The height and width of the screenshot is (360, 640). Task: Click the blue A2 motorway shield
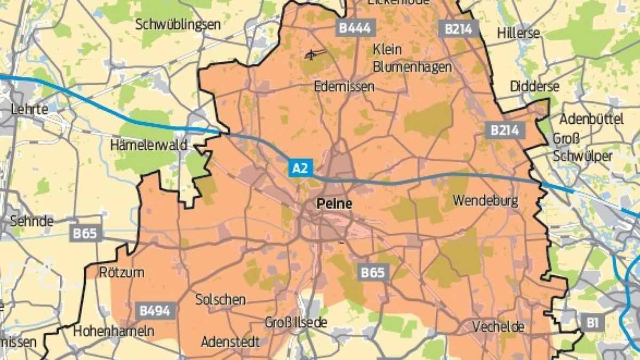(300, 168)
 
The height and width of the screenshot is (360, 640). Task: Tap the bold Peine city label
(334, 203)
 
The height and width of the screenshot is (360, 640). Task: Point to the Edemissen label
(345, 86)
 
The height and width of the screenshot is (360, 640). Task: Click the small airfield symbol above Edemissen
(314, 53)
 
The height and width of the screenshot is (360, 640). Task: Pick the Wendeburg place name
(485, 201)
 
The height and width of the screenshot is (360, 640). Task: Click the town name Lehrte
(29, 109)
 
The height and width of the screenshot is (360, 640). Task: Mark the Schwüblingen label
(178, 25)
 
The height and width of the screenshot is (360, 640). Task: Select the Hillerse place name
(518, 33)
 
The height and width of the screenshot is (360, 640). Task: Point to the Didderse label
(534, 86)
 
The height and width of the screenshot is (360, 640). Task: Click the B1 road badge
(592, 322)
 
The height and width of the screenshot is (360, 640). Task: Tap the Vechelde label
(499, 326)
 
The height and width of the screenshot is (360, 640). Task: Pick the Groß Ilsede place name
(296, 323)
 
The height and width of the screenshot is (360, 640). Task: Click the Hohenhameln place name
(114, 331)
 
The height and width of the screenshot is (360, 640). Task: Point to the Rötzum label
(122, 272)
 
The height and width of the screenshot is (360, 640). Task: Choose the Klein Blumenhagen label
(412, 58)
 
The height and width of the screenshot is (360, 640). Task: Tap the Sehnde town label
(32, 220)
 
